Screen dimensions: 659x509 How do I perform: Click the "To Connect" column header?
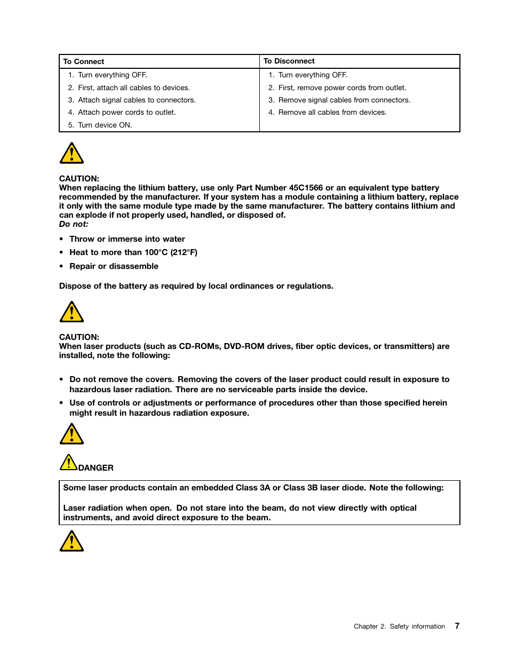[84, 61]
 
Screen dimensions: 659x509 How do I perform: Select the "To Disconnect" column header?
[289, 61]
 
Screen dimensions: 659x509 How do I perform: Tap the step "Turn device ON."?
[105, 125]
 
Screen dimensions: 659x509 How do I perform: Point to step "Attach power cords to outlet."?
[126, 112]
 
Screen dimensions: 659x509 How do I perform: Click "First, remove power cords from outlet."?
[342, 88]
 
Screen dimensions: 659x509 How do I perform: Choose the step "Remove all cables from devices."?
[332, 112]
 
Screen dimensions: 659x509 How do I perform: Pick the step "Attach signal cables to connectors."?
[137, 100]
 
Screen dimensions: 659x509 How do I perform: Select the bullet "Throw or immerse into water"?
[127, 239]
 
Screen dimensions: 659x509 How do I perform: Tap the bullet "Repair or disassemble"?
[114, 266]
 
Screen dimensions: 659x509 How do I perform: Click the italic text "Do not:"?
[74, 224]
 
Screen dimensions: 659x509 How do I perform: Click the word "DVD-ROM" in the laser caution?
[244, 346]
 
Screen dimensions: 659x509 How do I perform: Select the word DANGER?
[96, 468]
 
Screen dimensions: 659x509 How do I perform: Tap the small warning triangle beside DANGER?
[68, 463]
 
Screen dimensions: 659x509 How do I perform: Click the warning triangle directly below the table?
[71, 154]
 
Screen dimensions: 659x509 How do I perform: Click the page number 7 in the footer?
[457, 626]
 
